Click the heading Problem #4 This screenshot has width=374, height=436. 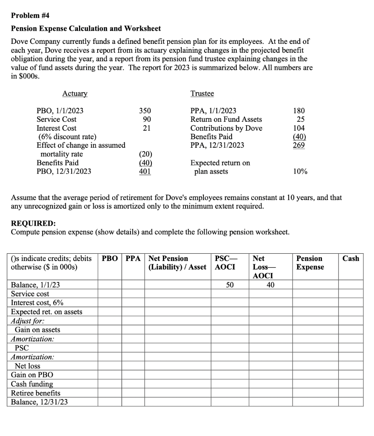click(30, 15)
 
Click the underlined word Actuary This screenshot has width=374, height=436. click(75, 93)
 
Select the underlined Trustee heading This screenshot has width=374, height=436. click(202, 93)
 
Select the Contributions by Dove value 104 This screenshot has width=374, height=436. click(299, 128)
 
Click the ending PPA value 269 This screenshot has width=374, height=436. click(299, 146)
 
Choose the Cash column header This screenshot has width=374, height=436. click(351, 258)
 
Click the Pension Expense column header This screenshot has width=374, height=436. click(310, 263)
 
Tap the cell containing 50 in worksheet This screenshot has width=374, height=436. click(230, 285)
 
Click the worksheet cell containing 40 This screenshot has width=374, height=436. click(270, 285)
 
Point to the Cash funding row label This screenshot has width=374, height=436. click(32, 384)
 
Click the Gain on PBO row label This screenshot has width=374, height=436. click(32, 375)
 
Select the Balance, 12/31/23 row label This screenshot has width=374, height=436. click(39, 402)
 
